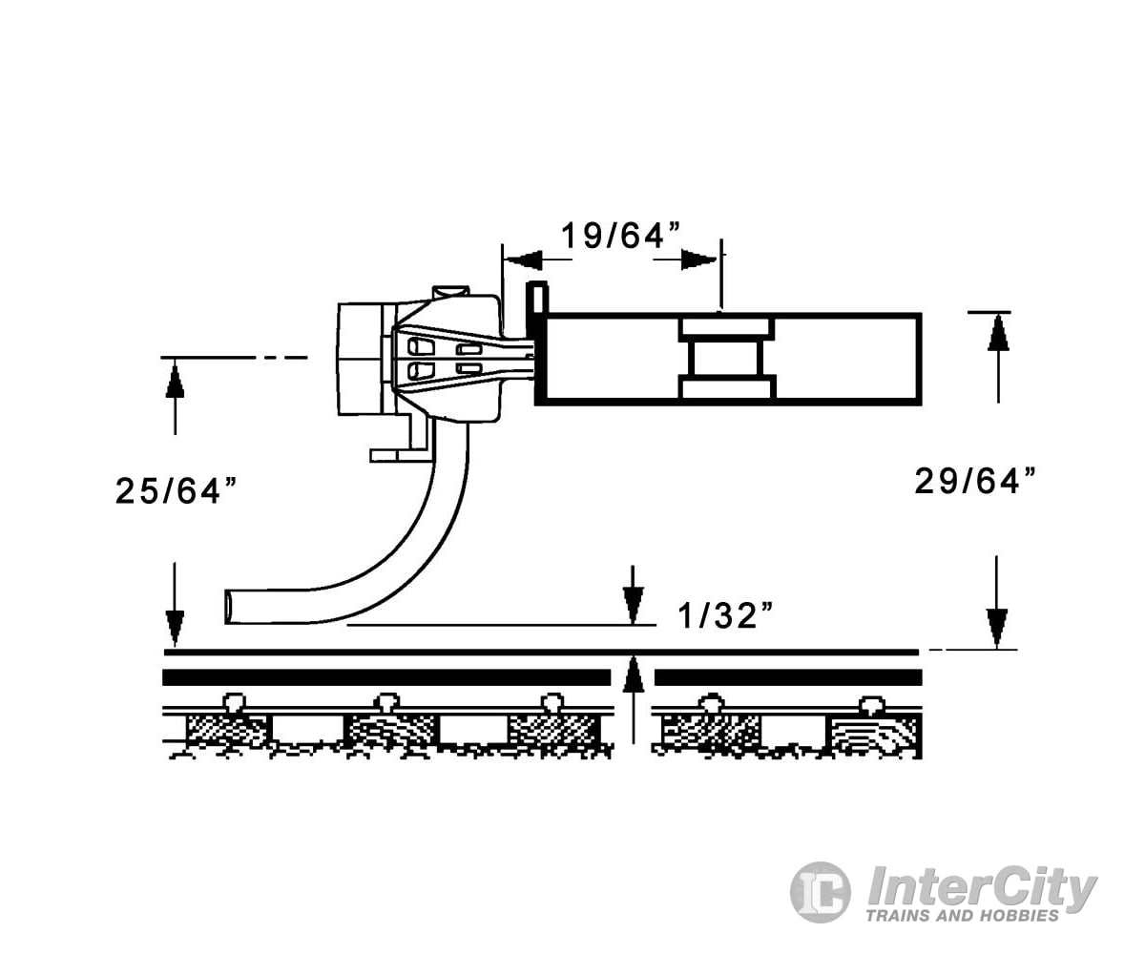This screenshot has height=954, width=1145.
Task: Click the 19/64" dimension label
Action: (611, 235)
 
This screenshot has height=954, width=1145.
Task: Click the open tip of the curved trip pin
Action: (231, 607)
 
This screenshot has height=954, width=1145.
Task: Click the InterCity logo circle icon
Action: (820, 892)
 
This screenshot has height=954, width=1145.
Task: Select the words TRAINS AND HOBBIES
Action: (962, 916)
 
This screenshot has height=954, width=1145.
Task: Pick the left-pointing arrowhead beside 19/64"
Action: (523, 259)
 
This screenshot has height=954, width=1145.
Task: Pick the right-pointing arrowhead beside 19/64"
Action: (699, 259)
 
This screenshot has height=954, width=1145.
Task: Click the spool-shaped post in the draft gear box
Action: (726, 359)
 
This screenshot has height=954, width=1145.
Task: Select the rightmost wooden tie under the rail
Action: (873, 733)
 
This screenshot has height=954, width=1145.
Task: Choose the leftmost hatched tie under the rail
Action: (227, 731)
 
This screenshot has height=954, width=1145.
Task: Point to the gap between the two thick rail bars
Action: (633, 677)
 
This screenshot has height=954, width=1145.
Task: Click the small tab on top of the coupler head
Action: (449, 291)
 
